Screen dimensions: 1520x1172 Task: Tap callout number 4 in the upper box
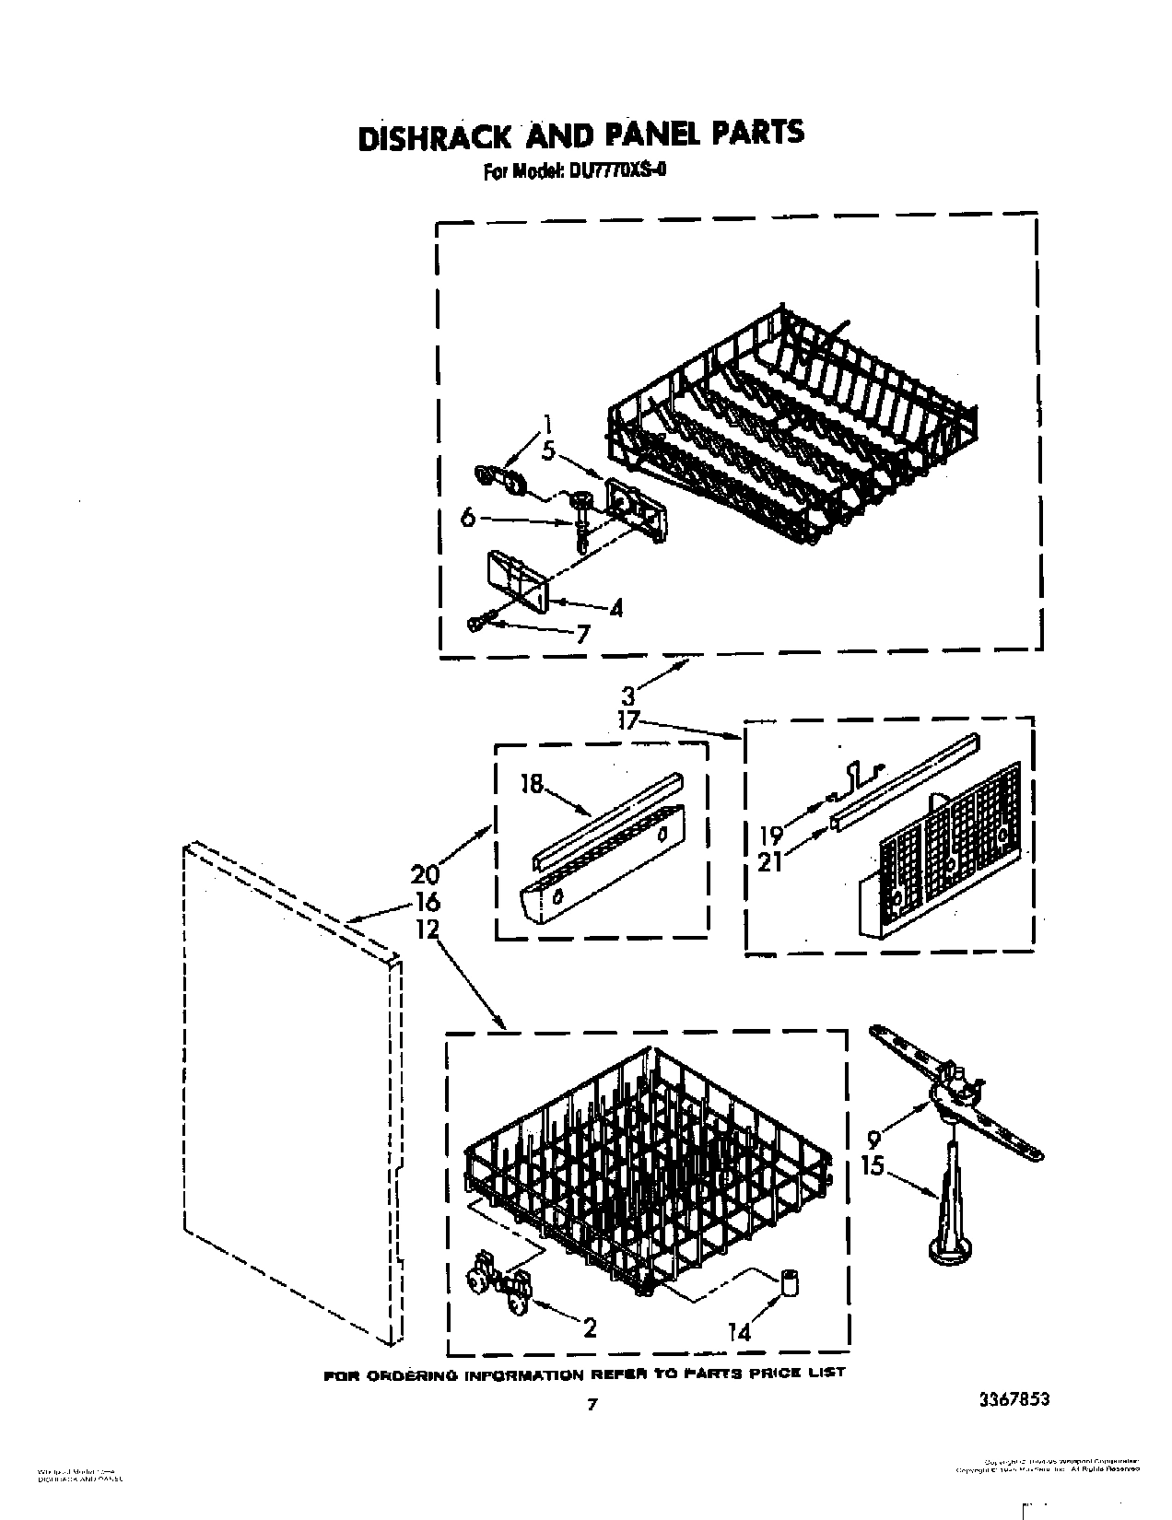tap(615, 608)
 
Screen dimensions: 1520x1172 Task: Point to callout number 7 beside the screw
tap(581, 633)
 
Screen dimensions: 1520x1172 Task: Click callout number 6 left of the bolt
tap(468, 519)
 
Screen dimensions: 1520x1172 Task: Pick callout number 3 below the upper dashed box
tap(628, 696)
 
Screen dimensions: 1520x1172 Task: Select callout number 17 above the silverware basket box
tap(628, 720)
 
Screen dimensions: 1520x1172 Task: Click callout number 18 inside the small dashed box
tap(532, 785)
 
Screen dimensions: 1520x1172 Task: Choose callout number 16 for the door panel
tap(427, 901)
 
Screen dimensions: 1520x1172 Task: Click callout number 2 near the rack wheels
tap(589, 1327)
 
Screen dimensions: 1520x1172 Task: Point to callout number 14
tap(738, 1330)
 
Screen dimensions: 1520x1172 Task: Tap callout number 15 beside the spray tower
tap(872, 1166)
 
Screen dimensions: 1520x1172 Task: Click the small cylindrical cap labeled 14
tap(789, 1281)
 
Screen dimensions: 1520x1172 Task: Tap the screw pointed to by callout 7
tap(475, 623)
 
